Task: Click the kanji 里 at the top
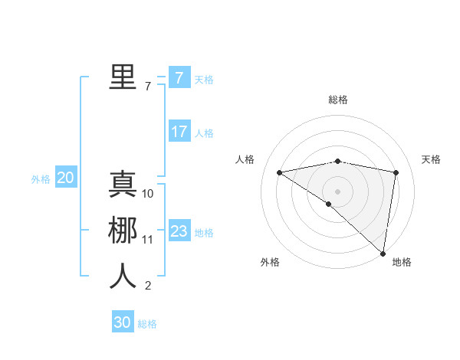coord(123,77)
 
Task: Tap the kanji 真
coord(123,185)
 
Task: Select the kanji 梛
coord(123,231)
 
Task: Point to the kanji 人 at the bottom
coord(123,277)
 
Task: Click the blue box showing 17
coord(179,132)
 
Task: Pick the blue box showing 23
coord(179,231)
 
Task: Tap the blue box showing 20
coord(65,178)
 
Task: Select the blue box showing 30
coord(123,323)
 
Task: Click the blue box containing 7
coord(179,78)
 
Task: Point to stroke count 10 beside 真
coord(148,194)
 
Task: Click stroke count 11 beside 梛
coord(148,240)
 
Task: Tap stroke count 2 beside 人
coord(148,286)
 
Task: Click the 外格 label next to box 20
coord(41,179)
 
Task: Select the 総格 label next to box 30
coord(147,324)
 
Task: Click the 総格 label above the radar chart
coord(338,100)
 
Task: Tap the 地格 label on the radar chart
coord(402,262)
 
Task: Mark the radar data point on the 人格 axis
coord(279,172)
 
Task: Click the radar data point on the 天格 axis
coord(396,172)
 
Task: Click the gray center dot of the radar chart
coord(337,191)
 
